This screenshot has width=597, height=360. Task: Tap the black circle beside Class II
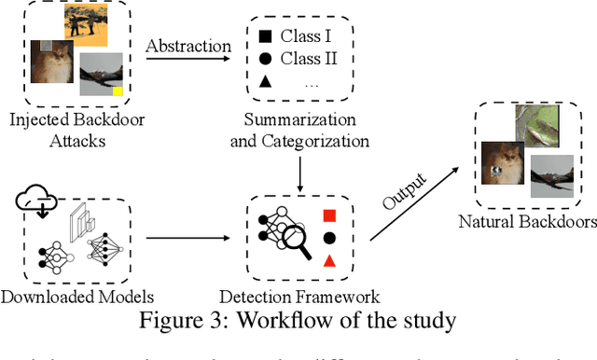tap(266, 59)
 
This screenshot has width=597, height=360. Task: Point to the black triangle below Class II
tap(266, 83)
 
